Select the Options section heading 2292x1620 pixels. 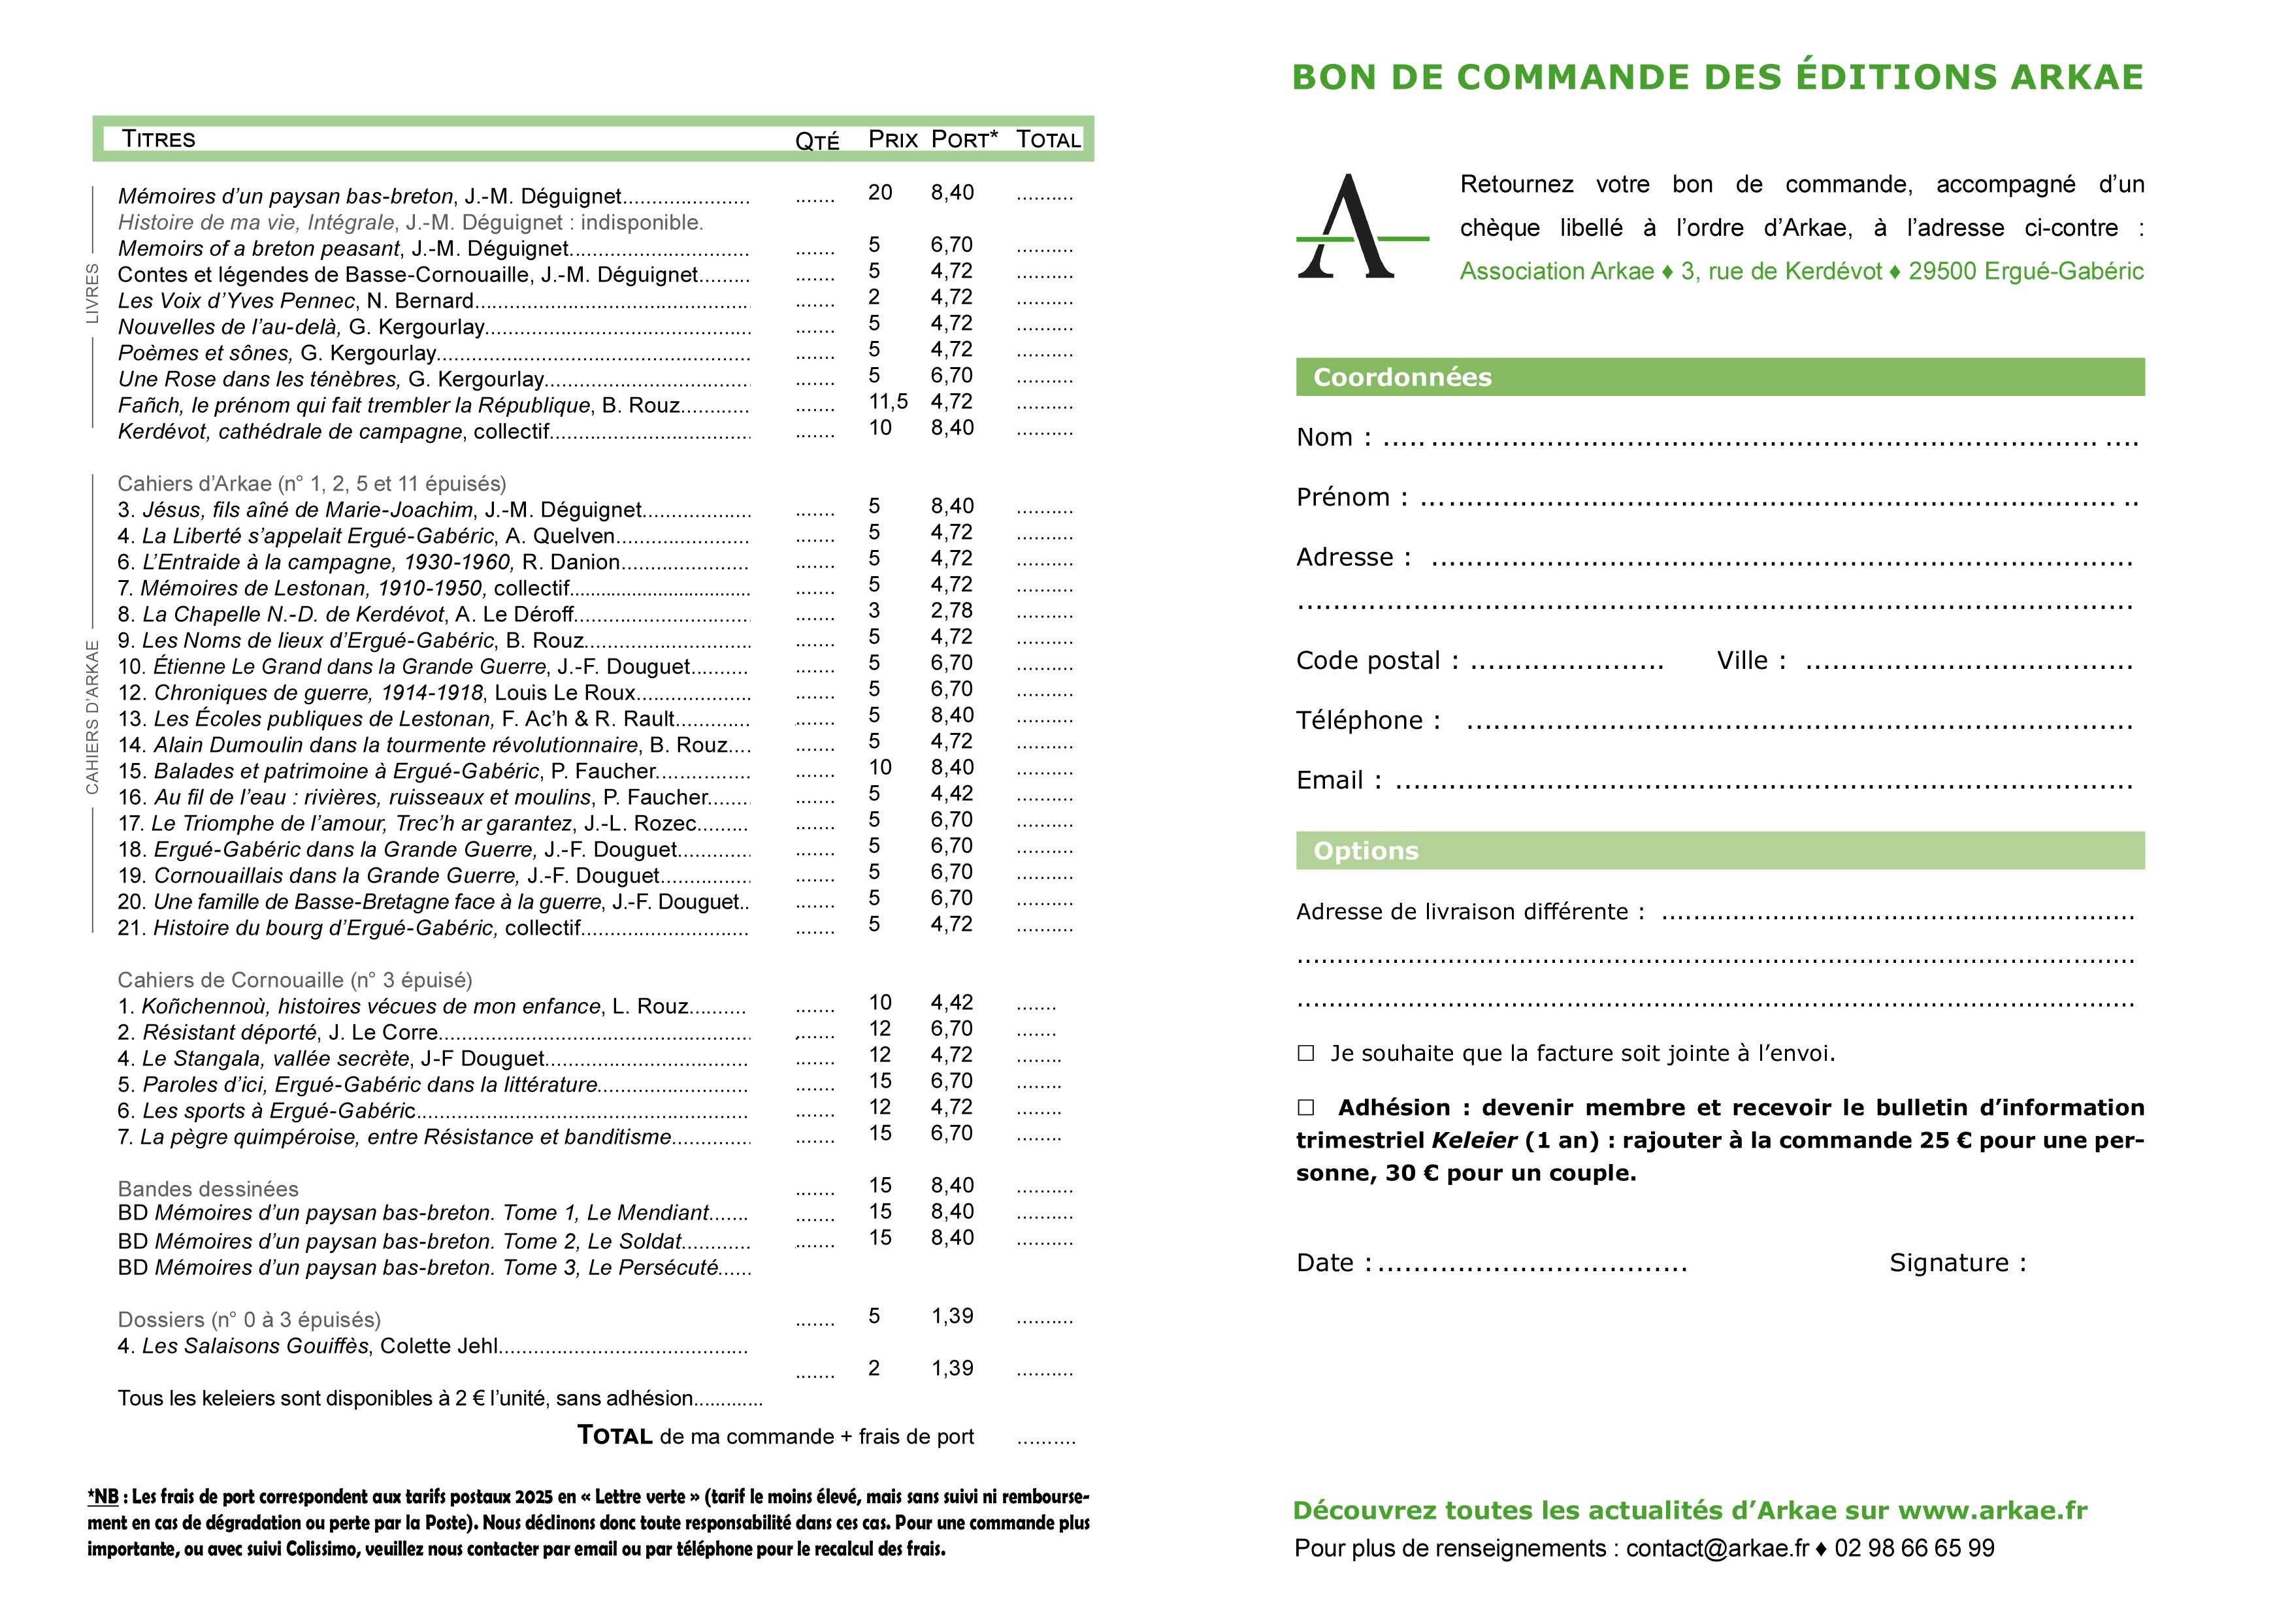coord(1365,850)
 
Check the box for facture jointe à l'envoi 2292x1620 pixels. coord(1305,1053)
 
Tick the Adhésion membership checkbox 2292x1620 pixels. coord(1305,1107)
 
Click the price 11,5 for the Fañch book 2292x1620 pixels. coord(887,401)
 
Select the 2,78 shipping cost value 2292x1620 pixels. coord(951,610)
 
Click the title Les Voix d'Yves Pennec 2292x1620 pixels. coord(236,300)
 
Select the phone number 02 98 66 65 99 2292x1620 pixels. coord(1914,1548)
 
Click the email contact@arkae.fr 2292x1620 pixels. coord(1717,1548)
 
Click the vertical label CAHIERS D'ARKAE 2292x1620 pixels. coord(93,717)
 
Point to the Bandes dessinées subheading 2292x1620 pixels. coord(208,1189)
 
